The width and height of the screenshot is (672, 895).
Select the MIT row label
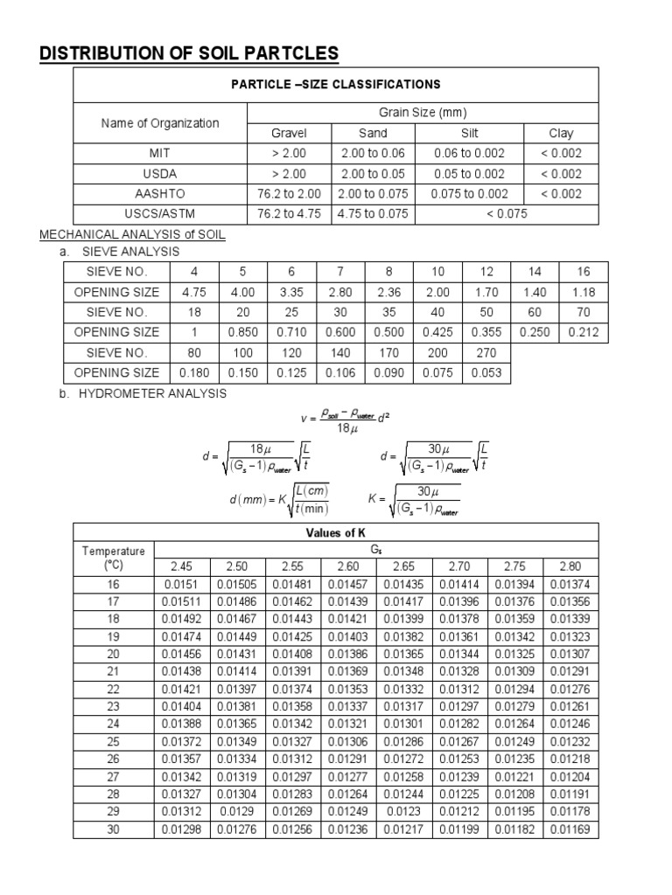pyautogui.click(x=160, y=153)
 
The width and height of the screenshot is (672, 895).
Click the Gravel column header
pyautogui.click(x=289, y=133)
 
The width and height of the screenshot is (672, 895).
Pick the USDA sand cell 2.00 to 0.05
pyautogui.click(x=373, y=174)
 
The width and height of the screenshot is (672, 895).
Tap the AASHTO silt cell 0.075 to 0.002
pyautogui.click(x=469, y=194)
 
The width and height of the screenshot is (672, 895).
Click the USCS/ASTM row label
pyautogui.click(x=160, y=214)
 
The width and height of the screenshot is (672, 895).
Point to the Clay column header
pyautogui.click(x=561, y=133)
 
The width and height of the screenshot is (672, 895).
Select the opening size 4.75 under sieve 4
pyautogui.click(x=195, y=291)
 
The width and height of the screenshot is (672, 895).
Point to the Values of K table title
pyautogui.click(x=335, y=532)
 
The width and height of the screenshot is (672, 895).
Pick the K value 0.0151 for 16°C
pyautogui.click(x=182, y=583)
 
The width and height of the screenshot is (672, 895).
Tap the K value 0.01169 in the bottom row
pyautogui.click(x=570, y=829)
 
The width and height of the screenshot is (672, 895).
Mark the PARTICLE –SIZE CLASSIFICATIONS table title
pyautogui.click(x=335, y=85)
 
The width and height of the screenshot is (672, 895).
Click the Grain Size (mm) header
pyautogui.click(x=423, y=113)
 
